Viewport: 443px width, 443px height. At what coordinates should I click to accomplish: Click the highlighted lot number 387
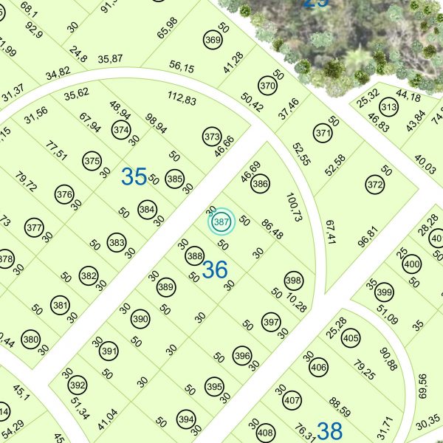pos(220,221)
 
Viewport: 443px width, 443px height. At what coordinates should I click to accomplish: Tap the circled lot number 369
pos(213,40)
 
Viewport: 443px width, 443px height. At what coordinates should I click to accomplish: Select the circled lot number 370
pos(267,86)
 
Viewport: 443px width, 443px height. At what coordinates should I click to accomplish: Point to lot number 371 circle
pos(322,134)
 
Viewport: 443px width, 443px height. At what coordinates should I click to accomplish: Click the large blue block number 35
pos(134,177)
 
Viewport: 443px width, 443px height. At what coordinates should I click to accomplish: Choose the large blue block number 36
pos(214,270)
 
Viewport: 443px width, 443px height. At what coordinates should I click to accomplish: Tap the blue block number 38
pos(330,430)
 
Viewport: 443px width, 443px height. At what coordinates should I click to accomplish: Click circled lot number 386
pos(259,184)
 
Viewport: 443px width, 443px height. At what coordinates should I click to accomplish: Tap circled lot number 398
pos(294,281)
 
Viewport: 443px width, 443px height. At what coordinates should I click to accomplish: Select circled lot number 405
pos(351,339)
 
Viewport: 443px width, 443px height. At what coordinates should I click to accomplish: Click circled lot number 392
pos(77,385)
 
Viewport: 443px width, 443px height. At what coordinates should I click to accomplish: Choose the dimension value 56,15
pos(182,67)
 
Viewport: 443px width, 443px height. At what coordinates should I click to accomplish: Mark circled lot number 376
pos(65,195)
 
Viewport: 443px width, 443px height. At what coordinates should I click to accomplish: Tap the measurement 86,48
pos(272,229)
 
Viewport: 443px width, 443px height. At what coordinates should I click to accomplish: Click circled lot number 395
pos(214,386)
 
